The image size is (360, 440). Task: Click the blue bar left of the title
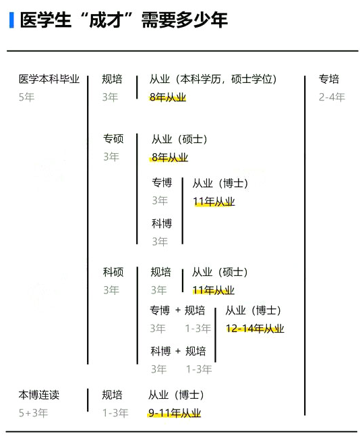pyautogui.click(x=11, y=20)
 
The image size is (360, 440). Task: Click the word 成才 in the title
pyautogui.click(x=106, y=20)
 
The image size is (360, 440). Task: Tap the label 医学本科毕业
pyautogui.click(x=49, y=79)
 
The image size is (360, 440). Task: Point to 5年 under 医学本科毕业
pyautogui.click(x=26, y=97)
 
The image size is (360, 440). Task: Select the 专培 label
pyautogui.click(x=329, y=79)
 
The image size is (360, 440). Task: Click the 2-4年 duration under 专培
pyautogui.click(x=332, y=97)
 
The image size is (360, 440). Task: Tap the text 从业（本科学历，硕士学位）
pyautogui.click(x=213, y=79)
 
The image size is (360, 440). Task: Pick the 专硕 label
pyautogui.click(x=113, y=138)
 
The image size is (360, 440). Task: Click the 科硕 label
pyautogui.click(x=113, y=272)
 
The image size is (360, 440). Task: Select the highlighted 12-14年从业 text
pyautogui.click(x=255, y=329)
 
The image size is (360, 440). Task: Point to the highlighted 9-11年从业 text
pyautogui.click(x=175, y=413)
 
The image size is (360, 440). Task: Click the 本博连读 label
pyautogui.click(x=39, y=395)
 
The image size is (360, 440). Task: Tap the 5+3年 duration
pyautogui.click(x=33, y=413)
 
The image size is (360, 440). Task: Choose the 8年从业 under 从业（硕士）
pyautogui.click(x=170, y=157)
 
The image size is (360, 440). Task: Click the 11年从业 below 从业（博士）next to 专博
pyautogui.click(x=214, y=202)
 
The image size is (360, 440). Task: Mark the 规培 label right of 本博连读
pyautogui.click(x=112, y=395)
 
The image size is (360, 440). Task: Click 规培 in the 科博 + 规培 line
pyautogui.click(x=196, y=351)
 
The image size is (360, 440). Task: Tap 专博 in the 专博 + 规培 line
pyautogui.click(x=160, y=310)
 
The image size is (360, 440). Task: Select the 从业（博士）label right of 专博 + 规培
pyautogui.click(x=253, y=310)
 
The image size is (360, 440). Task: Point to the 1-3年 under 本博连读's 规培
pyautogui.click(x=115, y=413)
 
